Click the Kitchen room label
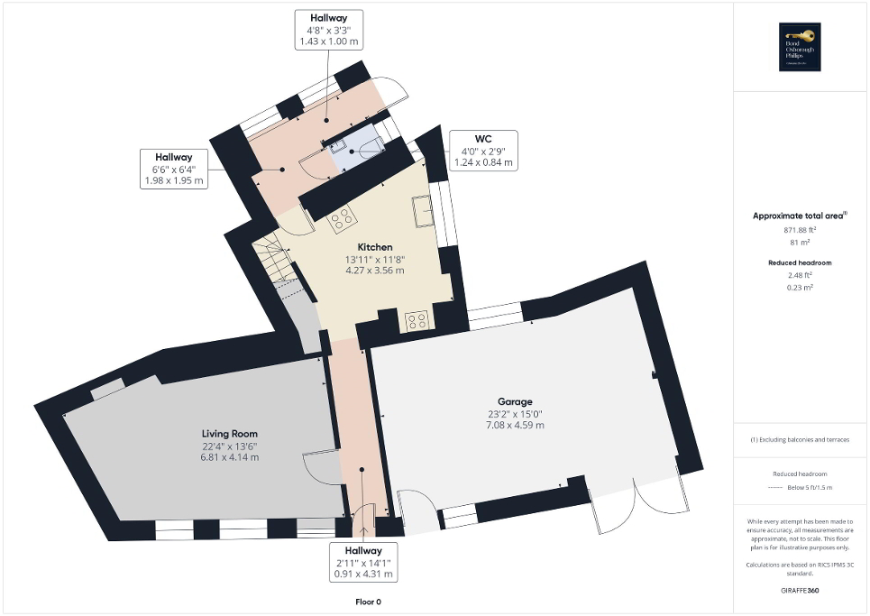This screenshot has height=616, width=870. click(375, 246)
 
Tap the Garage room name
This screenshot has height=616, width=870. click(515, 401)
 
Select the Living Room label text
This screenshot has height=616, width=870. click(229, 434)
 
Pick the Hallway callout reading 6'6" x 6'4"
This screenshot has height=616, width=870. click(174, 169)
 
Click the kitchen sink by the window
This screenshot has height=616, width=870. click(423, 212)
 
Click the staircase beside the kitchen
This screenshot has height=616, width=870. click(274, 258)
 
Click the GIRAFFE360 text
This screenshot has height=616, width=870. click(801, 591)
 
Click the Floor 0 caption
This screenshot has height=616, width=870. click(368, 602)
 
